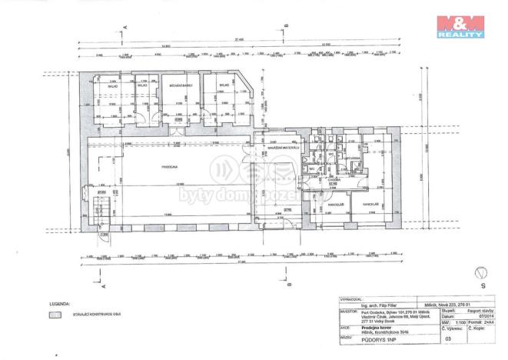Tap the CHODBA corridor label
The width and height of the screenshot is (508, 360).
tap(334, 180)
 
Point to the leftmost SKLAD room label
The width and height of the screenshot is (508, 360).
tap(112, 87)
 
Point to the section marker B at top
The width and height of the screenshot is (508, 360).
tap(287, 27)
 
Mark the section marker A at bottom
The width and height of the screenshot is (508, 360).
tap(102, 283)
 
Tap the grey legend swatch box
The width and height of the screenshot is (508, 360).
tap(55, 314)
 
